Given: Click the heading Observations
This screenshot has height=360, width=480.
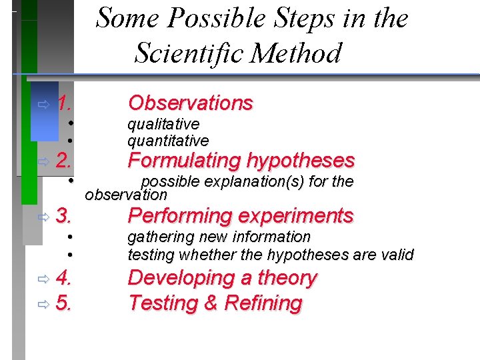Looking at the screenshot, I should [190, 103].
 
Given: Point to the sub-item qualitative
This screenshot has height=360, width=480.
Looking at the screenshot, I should [163, 124].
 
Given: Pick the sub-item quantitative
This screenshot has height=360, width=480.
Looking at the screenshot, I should [167, 141].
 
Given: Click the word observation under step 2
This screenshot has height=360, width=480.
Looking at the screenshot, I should [126, 195].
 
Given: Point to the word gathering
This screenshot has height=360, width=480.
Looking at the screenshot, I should [156, 237].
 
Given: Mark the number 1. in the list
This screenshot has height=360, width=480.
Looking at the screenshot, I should [64, 103].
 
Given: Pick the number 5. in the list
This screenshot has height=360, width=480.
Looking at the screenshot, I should [64, 303].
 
